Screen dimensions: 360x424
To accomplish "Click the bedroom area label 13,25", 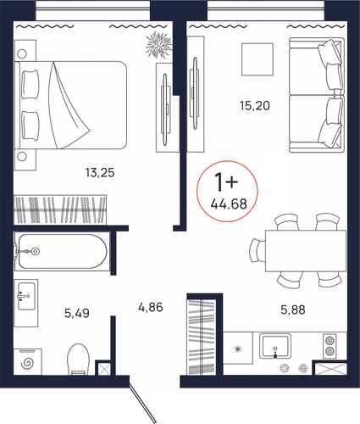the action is [x=100, y=172].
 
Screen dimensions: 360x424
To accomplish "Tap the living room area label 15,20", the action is [x=255, y=106].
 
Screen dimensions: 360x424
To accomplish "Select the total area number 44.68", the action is [x=229, y=204].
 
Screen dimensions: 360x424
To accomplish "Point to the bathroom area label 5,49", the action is [x=77, y=313].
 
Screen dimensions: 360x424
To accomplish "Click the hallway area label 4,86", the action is [x=151, y=307].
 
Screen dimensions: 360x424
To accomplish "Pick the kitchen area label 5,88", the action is [x=293, y=310].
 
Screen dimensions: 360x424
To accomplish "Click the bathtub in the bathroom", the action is [x=63, y=251].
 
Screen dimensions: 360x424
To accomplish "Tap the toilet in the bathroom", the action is [x=78, y=360].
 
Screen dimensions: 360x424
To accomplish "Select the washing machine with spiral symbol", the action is [x=28, y=362].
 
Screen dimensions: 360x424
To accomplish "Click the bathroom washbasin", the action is [x=26, y=303].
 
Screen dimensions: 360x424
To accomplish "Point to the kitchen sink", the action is [x=275, y=346].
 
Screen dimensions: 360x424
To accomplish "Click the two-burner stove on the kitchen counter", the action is [x=330, y=346].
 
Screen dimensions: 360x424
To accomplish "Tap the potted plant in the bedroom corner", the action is [x=158, y=45].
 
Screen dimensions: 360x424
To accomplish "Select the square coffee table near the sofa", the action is [x=258, y=59].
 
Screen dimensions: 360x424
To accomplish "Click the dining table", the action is [x=306, y=251].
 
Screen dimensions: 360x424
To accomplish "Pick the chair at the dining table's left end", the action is [x=258, y=251].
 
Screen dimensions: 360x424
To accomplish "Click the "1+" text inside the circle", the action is [x=226, y=181].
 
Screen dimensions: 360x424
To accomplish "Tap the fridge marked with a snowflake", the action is [x=238, y=348].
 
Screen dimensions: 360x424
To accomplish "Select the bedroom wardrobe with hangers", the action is [x=60, y=209].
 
